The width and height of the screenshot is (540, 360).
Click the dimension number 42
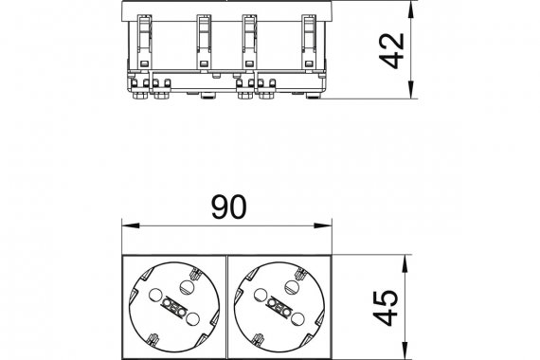392,50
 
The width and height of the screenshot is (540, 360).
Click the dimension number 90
229,207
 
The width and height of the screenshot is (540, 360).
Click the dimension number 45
387,308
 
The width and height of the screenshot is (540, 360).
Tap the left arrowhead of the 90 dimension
131,225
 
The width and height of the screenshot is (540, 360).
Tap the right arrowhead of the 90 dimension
322,225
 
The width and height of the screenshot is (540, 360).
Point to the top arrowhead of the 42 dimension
411,9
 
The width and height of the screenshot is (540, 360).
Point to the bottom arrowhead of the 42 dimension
411,90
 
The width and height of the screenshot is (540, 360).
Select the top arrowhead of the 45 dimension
405,264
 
